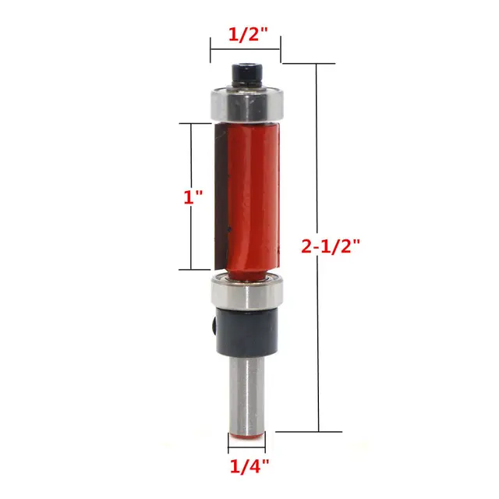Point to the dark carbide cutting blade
(219, 195)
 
